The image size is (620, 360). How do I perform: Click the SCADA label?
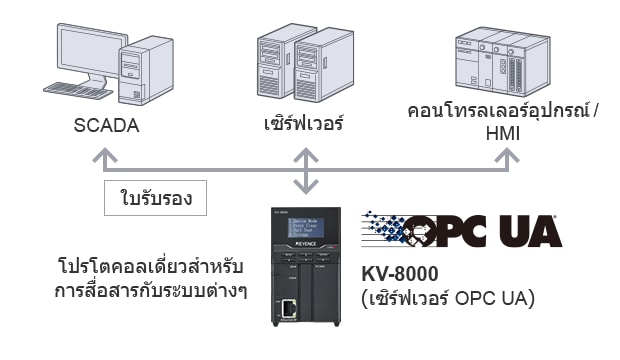point(105,127)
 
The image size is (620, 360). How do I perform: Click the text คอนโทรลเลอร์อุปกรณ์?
point(496,111)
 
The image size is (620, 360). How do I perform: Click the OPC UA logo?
point(462,229)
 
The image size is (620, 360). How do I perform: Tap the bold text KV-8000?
point(401,273)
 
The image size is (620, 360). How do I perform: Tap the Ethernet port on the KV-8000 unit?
point(287,309)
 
